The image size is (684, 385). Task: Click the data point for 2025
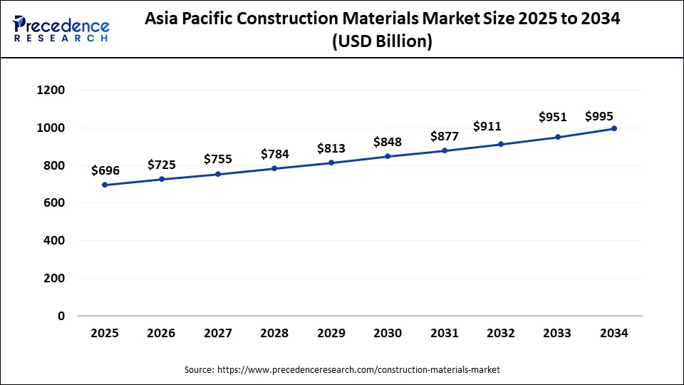(x=105, y=185)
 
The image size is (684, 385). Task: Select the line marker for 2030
(x=388, y=156)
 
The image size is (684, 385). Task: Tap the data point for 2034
(x=614, y=128)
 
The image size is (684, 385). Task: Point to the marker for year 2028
(x=274, y=168)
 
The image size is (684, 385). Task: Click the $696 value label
(x=105, y=170)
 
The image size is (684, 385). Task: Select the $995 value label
(x=599, y=116)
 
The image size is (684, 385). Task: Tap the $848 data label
(x=388, y=142)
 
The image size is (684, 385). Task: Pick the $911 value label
(x=487, y=126)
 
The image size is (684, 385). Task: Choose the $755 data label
(x=218, y=159)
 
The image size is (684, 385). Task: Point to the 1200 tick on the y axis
(x=51, y=91)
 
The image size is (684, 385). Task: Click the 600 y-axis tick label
(x=55, y=203)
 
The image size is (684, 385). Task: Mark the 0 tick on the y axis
(x=61, y=316)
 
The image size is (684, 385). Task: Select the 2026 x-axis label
(x=161, y=333)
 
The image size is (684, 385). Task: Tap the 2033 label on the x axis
(x=557, y=333)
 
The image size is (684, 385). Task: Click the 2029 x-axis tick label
(x=331, y=333)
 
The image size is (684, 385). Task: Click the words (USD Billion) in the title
(x=382, y=43)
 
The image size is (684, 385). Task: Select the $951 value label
(x=553, y=116)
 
